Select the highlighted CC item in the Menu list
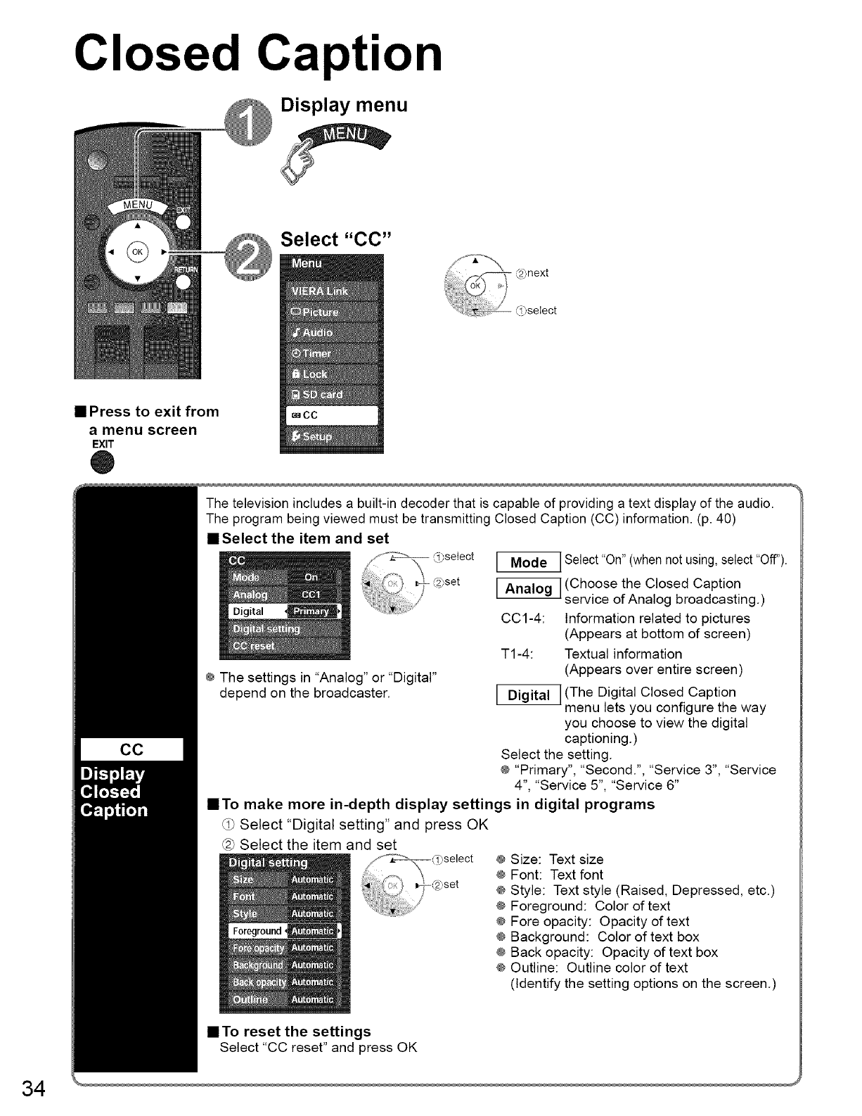click(331, 415)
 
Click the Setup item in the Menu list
click(331, 436)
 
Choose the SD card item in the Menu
click(331, 394)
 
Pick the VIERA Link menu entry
click(331, 292)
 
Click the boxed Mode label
click(528, 562)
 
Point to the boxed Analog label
click(528, 589)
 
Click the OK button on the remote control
click(136, 253)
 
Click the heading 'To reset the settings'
click(296, 1032)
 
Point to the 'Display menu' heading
click(344, 105)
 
